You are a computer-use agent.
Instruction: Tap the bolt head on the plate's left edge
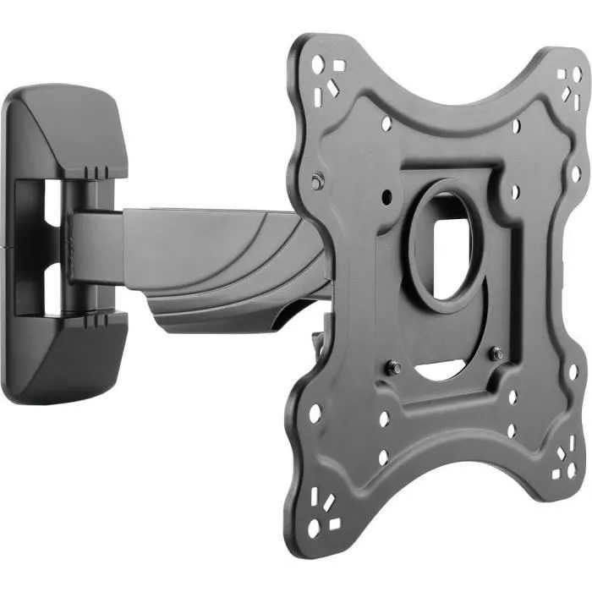[315, 182]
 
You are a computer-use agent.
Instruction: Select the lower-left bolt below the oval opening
[393, 368]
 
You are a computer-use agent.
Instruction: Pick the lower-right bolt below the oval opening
[497, 354]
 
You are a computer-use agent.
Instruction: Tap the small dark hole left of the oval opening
[386, 196]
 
